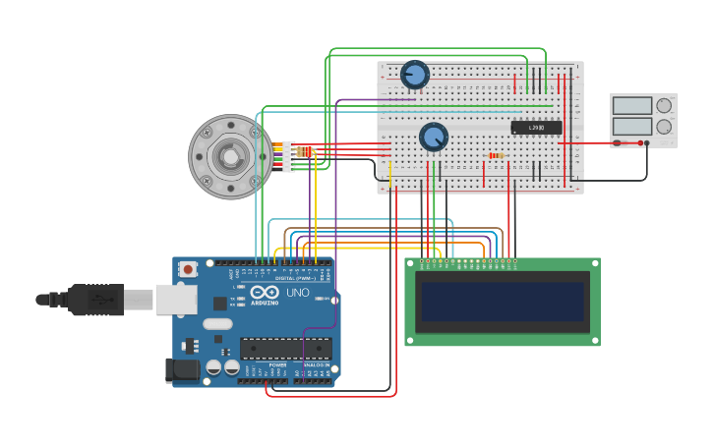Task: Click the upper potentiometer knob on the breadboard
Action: point(415,74)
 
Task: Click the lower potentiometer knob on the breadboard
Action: point(434,137)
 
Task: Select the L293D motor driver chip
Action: point(536,128)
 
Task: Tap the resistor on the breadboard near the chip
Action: point(496,155)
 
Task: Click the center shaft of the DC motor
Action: point(230,156)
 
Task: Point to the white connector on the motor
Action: point(288,156)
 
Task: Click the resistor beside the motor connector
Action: point(306,151)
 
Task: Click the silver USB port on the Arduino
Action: point(176,300)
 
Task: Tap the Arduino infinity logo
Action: point(264,293)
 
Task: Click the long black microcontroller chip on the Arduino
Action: point(285,348)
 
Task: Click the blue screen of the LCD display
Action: point(503,302)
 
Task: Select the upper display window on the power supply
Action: point(632,106)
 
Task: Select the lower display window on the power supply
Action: point(632,126)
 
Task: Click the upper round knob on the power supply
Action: point(664,105)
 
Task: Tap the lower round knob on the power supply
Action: point(664,126)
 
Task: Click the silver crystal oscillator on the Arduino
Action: point(218,323)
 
